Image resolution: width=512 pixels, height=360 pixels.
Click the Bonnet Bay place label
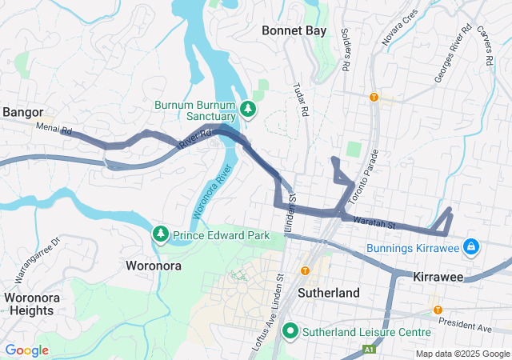pos(294,31)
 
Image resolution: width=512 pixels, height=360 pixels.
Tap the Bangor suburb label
pos(22,112)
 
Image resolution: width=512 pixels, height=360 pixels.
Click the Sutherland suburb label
pos(328,293)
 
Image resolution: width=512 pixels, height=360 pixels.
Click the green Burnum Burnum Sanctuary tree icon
pos(248,109)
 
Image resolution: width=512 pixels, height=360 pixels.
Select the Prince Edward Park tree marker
pos(161,234)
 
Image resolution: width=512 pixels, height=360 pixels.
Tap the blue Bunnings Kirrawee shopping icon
pos(472,247)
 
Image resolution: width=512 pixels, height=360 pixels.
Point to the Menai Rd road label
pos(54,128)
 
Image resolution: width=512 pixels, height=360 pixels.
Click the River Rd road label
pos(194,138)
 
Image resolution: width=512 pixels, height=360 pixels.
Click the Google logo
pos(26,350)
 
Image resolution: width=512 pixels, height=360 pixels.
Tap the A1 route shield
pos(368,350)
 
